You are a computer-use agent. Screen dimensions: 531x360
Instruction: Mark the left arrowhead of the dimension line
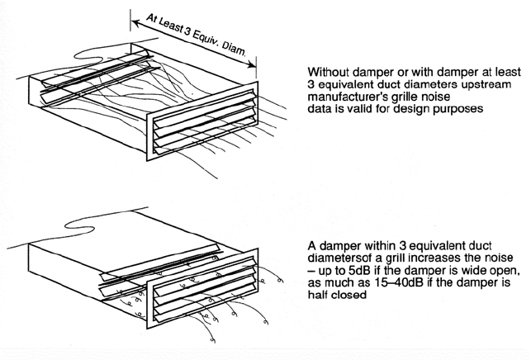tap(130, 14)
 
